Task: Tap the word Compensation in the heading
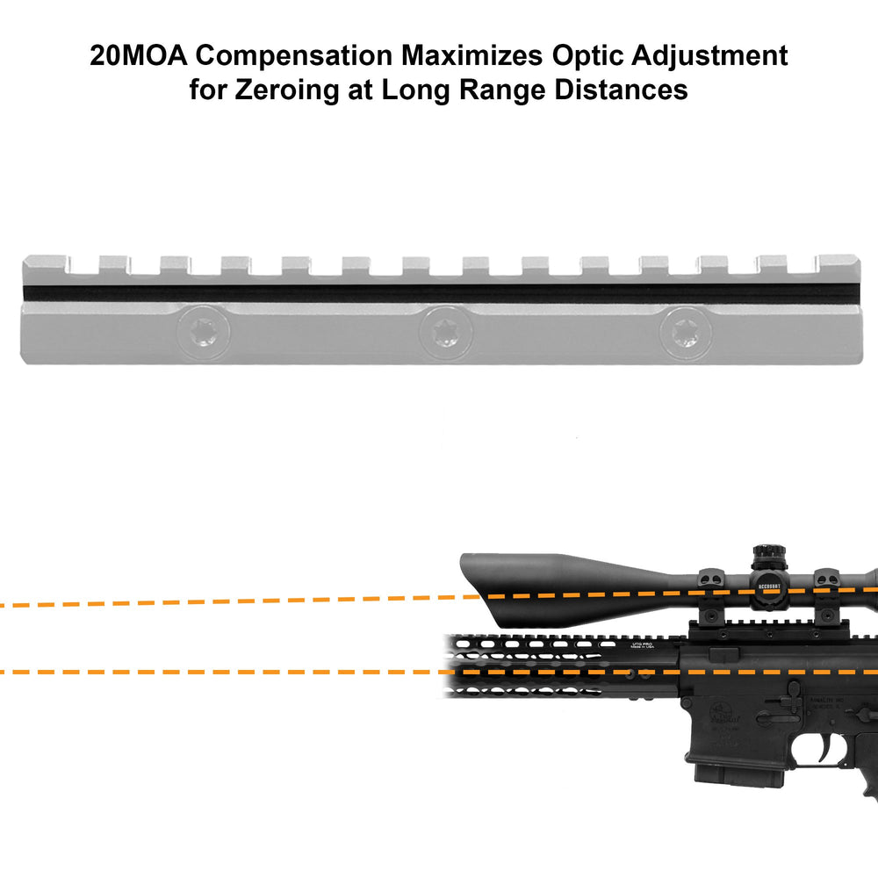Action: click(293, 55)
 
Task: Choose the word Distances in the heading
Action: click(631, 90)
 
